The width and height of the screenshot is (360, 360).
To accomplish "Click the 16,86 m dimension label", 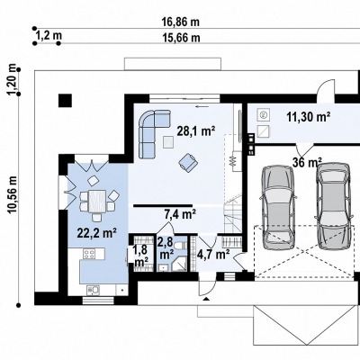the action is (181, 22).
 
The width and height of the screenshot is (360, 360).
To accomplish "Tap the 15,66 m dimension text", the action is (181, 38).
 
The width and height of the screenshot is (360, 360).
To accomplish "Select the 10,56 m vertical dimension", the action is (13, 194).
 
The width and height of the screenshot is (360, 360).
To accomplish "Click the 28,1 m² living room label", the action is (196, 131).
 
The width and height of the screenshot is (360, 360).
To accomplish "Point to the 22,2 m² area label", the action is (97, 233).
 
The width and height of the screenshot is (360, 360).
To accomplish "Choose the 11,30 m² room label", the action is (309, 117).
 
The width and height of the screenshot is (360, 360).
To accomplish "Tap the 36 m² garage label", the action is (307, 163).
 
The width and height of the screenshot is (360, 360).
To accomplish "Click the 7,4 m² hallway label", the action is (180, 214).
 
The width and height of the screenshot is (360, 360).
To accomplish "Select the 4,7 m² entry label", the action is (213, 255).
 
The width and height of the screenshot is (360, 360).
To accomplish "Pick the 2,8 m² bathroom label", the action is (166, 247).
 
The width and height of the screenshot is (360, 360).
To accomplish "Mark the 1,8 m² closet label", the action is (141, 256).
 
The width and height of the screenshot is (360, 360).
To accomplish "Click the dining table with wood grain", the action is (97, 201).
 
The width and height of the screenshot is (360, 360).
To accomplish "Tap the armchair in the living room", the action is (188, 162).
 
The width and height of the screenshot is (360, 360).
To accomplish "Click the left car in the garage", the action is (278, 208).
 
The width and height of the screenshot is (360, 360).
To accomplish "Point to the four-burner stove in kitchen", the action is (89, 255).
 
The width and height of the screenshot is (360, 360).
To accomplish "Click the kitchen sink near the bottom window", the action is (94, 290).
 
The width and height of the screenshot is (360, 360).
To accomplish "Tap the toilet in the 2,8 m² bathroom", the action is (180, 246).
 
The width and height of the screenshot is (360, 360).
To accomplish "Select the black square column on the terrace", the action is (65, 101).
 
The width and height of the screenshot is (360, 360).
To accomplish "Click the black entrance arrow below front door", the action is (206, 299).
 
